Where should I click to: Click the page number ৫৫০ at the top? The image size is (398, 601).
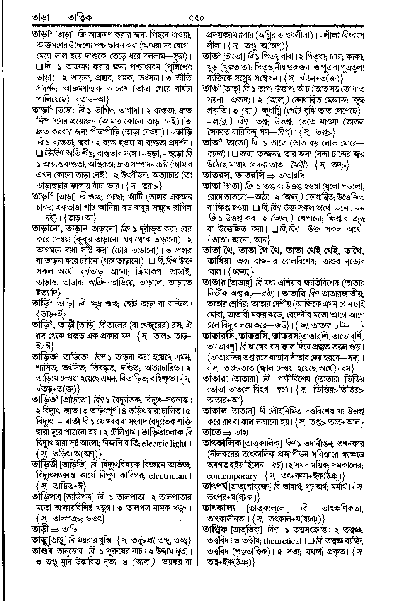(x=196, y=18)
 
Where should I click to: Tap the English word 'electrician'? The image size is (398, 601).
(x=167, y=475)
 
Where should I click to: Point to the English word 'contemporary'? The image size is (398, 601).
(x=232, y=476)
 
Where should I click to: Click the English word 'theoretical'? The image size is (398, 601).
(x=282, y=541)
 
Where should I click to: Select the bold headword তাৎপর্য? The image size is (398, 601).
(x=217, y=486)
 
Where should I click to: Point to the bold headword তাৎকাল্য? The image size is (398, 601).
(x=218, y=508)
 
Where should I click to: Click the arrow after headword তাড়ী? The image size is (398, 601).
(x=55, y=529)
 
